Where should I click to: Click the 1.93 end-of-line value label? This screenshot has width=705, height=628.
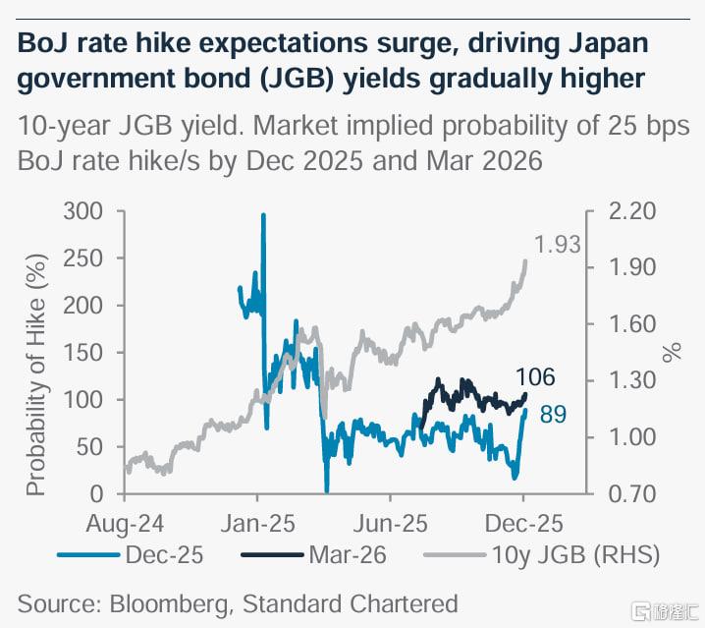click(x=557, y=246)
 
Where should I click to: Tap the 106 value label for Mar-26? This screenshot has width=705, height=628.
click(x=536, y=376)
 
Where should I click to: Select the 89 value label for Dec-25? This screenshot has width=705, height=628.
click(x=553, y=416)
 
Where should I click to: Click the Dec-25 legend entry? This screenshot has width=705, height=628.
click(x=163, y=554)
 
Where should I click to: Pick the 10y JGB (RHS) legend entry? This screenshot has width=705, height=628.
click(x=573, y=554)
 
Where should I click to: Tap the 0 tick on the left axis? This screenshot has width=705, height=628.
click(x=96, y=493)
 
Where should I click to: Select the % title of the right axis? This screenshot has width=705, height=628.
click(x=673, y=352)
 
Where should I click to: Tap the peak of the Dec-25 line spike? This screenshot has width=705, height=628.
click(x=262, y=214)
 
